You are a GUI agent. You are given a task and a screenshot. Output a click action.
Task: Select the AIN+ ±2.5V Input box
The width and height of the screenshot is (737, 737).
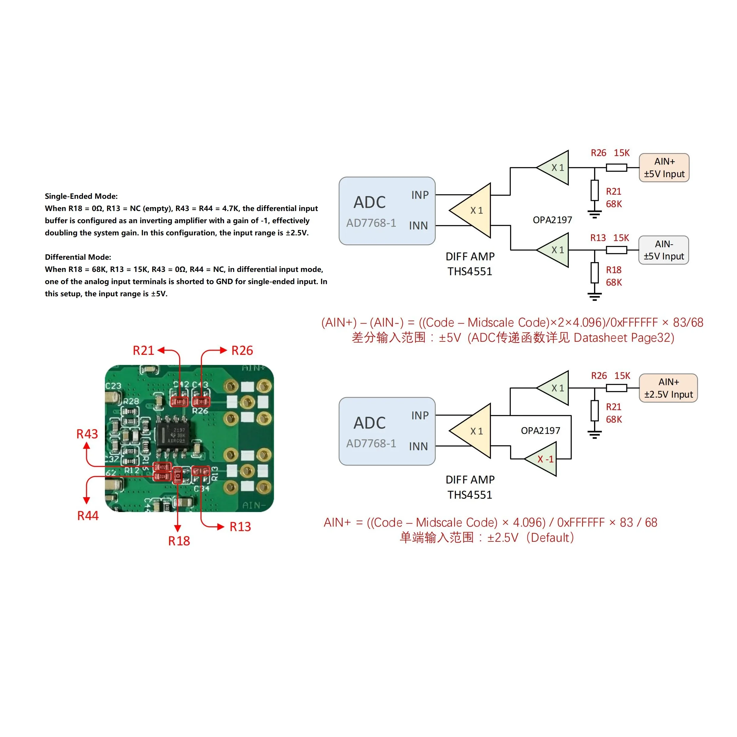coord(668,388)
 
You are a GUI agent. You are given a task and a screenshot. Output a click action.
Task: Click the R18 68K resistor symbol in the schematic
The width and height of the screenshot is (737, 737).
coord(594,273)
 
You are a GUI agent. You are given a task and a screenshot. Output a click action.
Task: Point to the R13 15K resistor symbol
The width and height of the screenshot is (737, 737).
coord(616,250)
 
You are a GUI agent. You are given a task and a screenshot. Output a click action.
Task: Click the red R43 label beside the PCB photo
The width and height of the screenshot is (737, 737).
coord(87,434)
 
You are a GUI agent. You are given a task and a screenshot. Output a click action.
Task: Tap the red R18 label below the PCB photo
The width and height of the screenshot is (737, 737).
coord(179,541)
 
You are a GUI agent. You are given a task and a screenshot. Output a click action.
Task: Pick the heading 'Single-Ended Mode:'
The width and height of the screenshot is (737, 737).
coord(81,196)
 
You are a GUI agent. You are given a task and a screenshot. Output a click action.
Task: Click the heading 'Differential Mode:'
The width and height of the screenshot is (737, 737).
coord(78,257)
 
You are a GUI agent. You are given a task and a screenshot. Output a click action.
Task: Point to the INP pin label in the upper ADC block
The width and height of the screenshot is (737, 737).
coord(420,195)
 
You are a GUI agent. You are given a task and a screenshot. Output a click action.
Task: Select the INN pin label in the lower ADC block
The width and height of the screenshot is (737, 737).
coord(418,446)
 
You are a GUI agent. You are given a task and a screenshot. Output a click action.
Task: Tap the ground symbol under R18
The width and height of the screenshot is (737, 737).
coord(594,296)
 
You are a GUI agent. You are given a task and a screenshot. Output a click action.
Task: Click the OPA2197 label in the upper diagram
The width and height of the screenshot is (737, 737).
coord(552,220)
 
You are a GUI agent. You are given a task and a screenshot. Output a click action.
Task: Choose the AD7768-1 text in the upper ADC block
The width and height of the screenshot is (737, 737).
coord(371,223)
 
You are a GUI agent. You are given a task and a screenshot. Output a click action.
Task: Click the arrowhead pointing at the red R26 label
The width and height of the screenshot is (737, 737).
coord(223,350)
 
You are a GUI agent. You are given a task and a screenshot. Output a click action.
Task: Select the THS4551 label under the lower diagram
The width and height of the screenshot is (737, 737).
coord(470,495)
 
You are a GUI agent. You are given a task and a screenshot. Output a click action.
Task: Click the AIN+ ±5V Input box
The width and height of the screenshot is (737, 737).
coord(664,168)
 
